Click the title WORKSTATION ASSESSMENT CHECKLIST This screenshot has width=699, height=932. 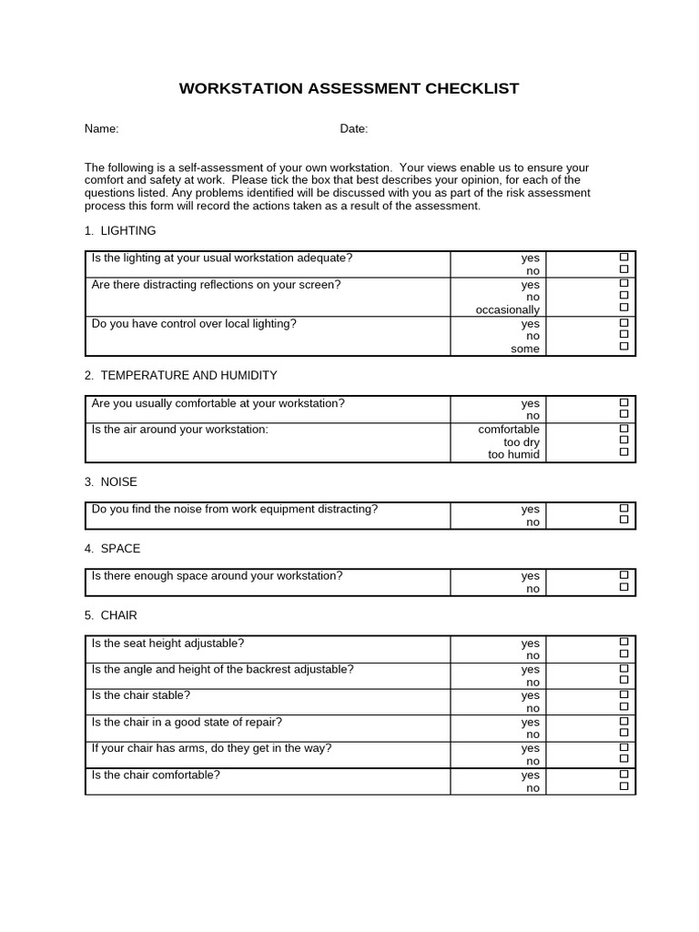pyautogui.click(x=349, y=88)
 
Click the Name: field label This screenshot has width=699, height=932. pyautogui.click(x=102, y=129)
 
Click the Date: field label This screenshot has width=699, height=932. pyautogui.click(x=354, y=129)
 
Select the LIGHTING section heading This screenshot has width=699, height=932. pyautogui.click(x=120, y=231)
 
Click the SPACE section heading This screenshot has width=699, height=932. pyautogui.click(x=113, y=549)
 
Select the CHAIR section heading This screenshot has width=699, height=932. pyautogui.click(x=111, y=615)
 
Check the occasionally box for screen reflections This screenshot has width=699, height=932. pyautogui.click(x=624, y=308)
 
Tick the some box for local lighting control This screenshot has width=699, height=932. pyautogui.click(x=624, y=346)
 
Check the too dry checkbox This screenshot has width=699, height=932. pyautogui.click(x=624, y=440)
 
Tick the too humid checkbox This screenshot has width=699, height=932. pyautogui.click(x=624, y=452)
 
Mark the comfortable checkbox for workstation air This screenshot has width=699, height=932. pyautogui.click(x=624, y=428)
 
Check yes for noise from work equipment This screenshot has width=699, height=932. pyautogui.click(x=624, y=508)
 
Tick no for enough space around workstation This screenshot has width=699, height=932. pyautogui.click(x=624, y=587)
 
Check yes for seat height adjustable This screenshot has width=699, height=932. pyautogui.click(x=624, y=642)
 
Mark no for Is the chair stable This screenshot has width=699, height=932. pyautogui.click(x=624, y=706)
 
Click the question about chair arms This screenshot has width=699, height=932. pyautogui.click(x=211, y=748)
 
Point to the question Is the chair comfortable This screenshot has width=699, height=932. pyautogui.click(x=156, y=775)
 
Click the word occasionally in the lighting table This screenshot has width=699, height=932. pyautogui.click(x=508, y=310)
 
